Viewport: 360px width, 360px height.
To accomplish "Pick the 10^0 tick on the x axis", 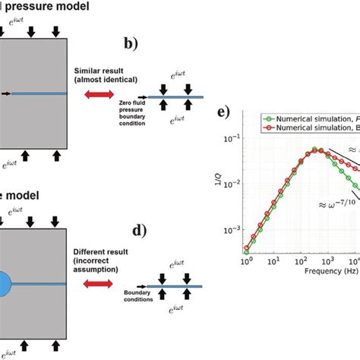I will (246, 261).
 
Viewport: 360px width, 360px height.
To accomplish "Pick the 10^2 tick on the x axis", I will (301, 261).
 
